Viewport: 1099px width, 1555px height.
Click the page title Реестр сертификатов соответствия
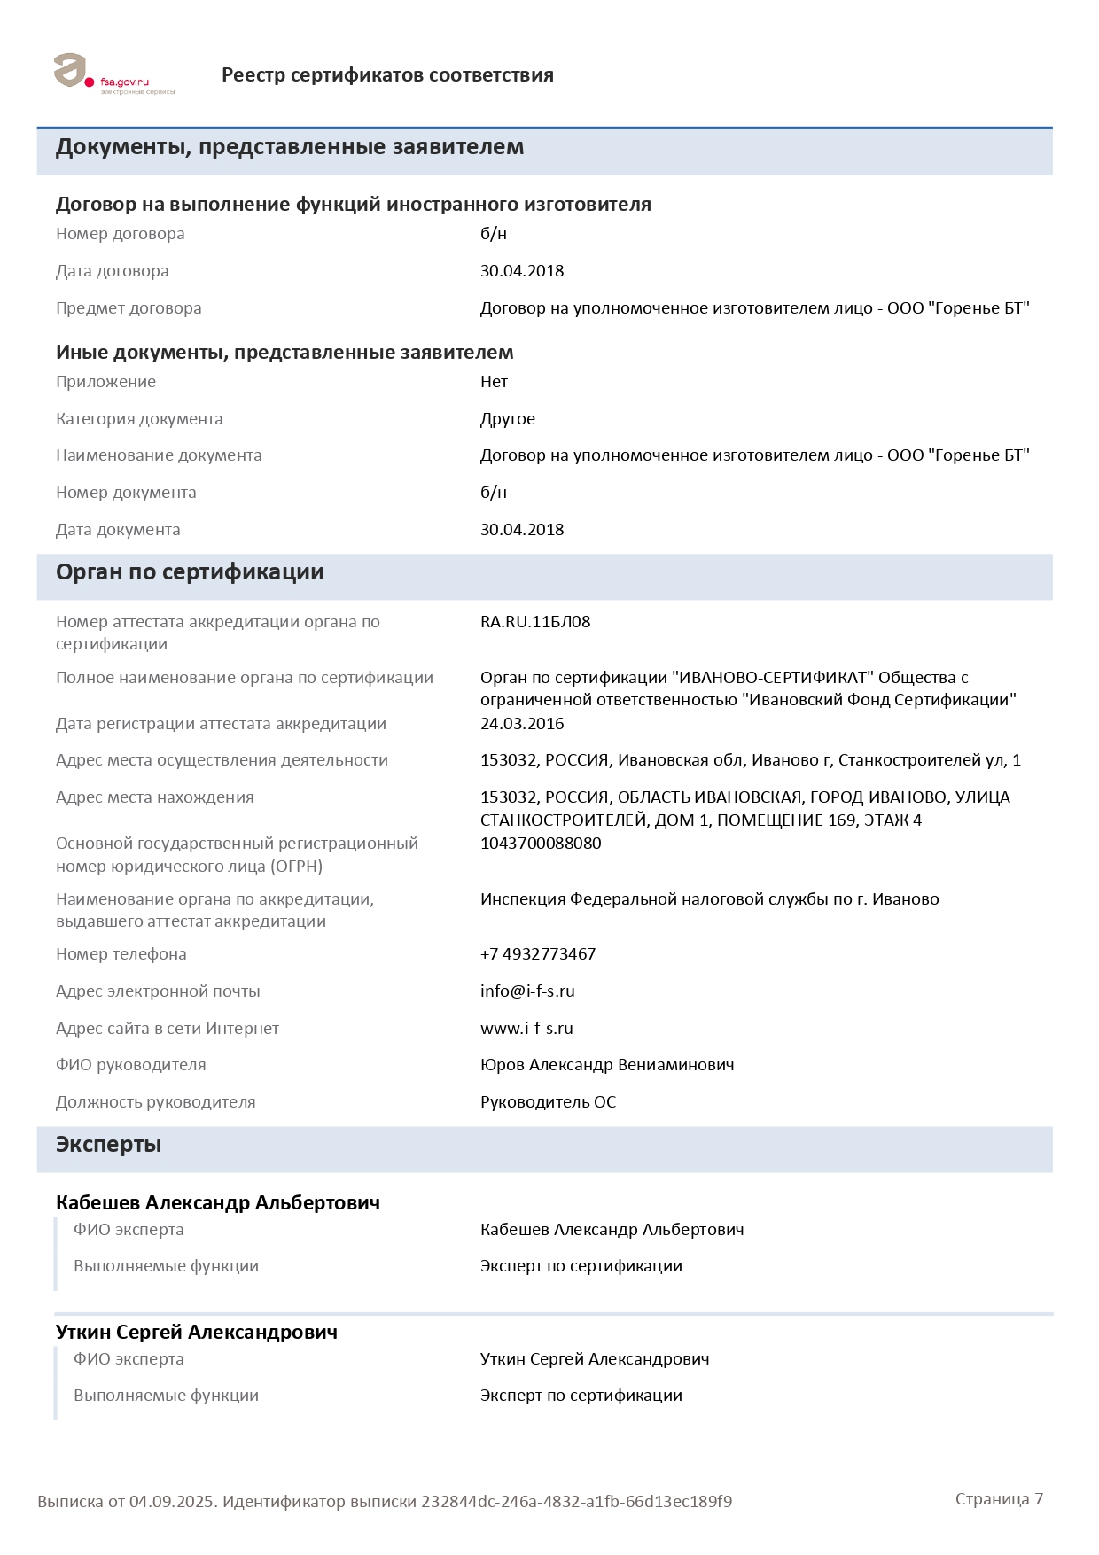[387, 75]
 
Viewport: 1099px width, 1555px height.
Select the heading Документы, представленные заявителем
[290, 147]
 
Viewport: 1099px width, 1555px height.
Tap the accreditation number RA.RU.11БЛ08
[535, 622]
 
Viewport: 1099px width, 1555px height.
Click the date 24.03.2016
[522, 724]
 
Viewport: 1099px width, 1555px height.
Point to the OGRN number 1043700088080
[541, 844]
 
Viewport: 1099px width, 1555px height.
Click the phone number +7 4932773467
[538, 954]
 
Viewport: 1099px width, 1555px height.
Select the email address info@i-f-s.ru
[527, 991]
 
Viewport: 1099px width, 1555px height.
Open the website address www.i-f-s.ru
[526, 1029]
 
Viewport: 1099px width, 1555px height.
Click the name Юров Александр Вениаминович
[607, 1065]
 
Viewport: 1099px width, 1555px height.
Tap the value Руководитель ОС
[548, 1102]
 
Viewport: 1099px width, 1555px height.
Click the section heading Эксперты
[108, 1145]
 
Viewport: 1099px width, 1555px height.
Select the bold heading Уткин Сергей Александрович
[197, 1333]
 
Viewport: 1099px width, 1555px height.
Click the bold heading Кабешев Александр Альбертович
[218, 1203]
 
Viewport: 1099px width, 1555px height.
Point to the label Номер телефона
[121, 954]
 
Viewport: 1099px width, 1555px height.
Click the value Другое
[508, 419]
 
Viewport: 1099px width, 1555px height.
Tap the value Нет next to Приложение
[494, 382]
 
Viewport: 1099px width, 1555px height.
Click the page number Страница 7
[999, 1499]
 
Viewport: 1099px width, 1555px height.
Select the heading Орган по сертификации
[190, 572]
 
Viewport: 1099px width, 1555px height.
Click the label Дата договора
[113, 271]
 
